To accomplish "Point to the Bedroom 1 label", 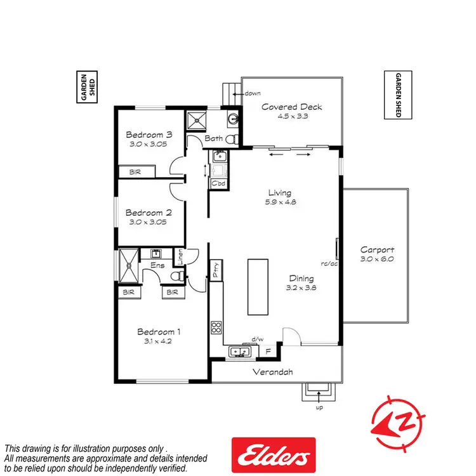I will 159,331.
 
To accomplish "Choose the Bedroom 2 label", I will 149,213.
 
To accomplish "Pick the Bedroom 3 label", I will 149,135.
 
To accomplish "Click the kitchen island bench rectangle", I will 258,286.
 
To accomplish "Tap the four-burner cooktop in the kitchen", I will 216,329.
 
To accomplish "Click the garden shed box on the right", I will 399,95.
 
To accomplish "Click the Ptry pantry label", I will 216,267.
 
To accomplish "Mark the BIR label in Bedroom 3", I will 135,172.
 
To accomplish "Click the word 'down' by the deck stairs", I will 252,93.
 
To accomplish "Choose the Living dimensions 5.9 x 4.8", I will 279,202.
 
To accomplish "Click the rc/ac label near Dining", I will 329,263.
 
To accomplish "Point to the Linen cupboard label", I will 180,257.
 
